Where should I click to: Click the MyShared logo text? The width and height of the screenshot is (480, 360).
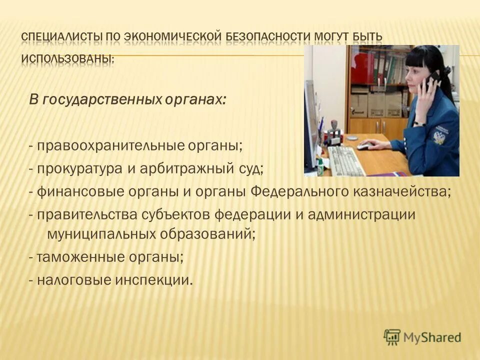point(432,337)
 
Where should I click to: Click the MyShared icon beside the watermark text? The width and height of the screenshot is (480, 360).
point(392,336)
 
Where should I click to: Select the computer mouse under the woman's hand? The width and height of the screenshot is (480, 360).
point(364,146)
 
